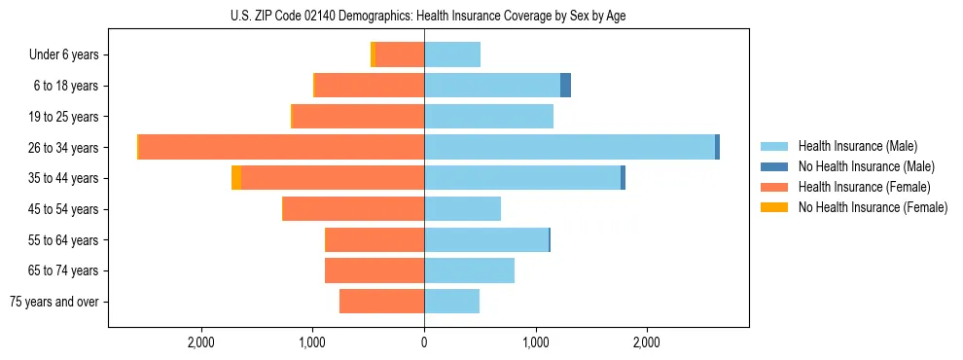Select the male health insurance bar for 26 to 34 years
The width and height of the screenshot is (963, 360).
point(569,147)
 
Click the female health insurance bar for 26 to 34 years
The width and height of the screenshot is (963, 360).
point(281,147)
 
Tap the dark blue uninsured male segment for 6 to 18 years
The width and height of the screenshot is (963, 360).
point(565,86)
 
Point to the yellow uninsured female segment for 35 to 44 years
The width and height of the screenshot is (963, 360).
point(236,178)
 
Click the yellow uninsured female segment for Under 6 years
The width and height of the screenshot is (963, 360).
point(373,54)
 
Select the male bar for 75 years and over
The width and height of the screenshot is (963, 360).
point(451,302)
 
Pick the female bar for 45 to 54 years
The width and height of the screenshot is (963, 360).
point(353,209)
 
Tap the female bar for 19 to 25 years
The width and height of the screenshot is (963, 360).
point(358,117)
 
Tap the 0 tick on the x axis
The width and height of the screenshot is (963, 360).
point(424,342)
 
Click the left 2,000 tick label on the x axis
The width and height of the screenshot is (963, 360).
point(201,342)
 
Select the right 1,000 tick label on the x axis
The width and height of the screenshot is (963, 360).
point(536,342)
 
